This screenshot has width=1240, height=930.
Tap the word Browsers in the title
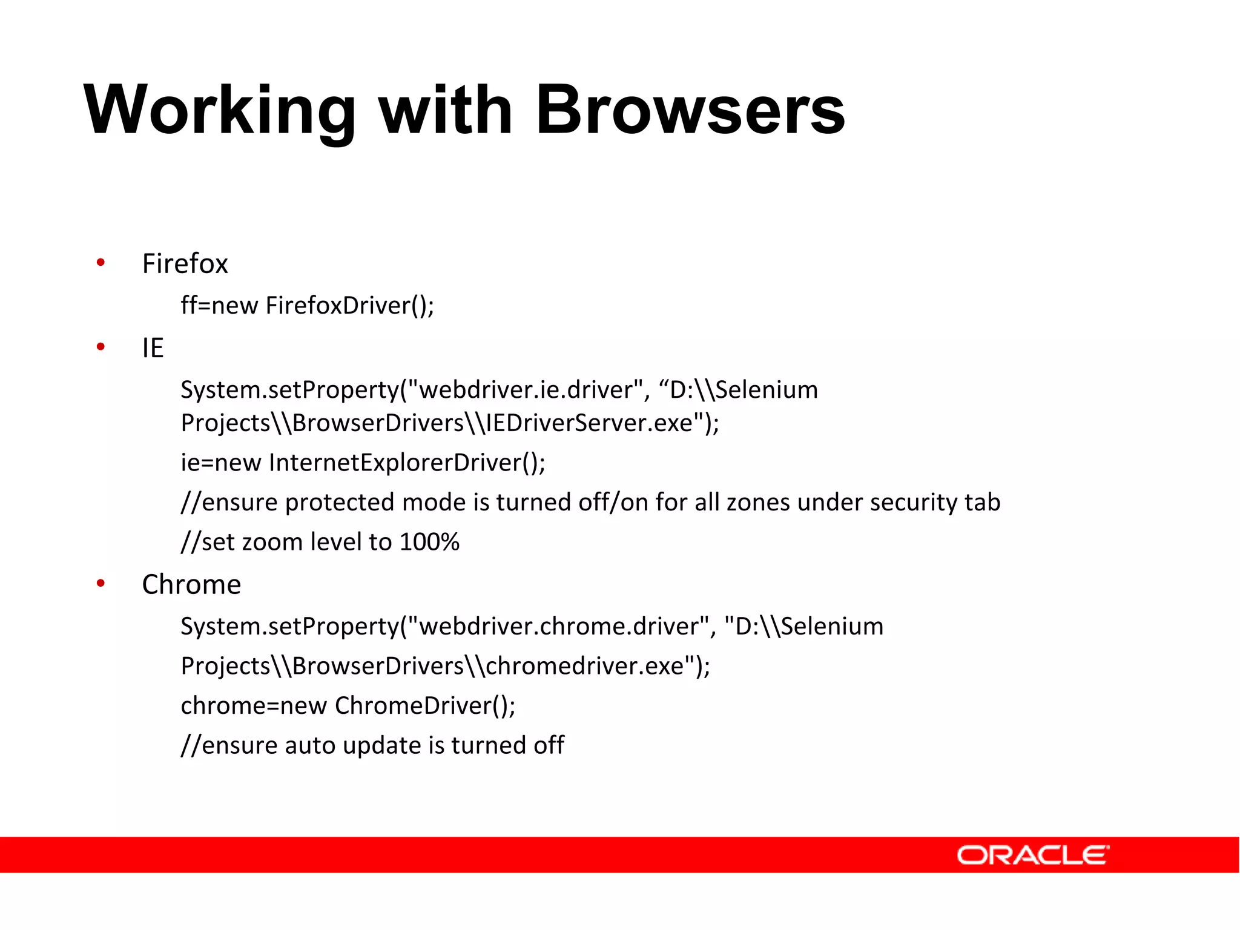(x=690, y=111)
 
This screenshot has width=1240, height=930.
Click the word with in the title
(x=446, y=111)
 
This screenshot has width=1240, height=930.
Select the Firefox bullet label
(x=185, y=264)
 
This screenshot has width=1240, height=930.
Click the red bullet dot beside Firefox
(x=101, y=262)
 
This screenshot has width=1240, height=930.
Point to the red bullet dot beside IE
(x=101, y=346)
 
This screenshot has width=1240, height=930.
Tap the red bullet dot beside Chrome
(x=101, y=583)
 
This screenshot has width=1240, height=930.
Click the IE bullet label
(x=153, y=348)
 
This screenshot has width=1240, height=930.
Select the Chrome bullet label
(x=191, y=585)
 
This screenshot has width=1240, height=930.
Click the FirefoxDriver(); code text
(x=350, y=306)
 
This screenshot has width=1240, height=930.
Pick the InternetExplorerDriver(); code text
(x=407, y=463)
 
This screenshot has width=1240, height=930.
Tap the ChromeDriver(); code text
(x=425, y=706)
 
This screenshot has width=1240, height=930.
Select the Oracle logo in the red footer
(x=1032, y=855)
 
